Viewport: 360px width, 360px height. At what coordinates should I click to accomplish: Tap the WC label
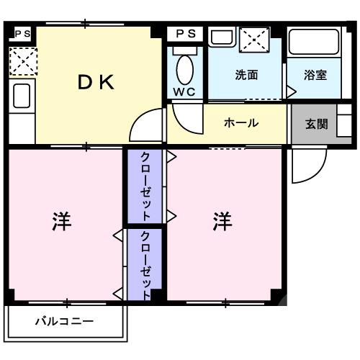click(184, 92)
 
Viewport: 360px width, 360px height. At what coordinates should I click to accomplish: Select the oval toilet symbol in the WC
click(184, 70)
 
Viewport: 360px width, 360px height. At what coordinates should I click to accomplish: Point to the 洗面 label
click(246, 75)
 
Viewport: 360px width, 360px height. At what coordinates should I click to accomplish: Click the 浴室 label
click(315, 75)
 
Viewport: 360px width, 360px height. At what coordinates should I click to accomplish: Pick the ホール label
click(241, 123)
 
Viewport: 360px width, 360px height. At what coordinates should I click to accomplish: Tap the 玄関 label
click(316, 123)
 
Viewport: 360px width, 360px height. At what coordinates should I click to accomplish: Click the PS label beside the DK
click(22, 33)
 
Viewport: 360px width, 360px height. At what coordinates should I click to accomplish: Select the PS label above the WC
click(186, 33)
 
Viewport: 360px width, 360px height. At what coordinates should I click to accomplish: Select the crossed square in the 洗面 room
click(254, 40)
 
